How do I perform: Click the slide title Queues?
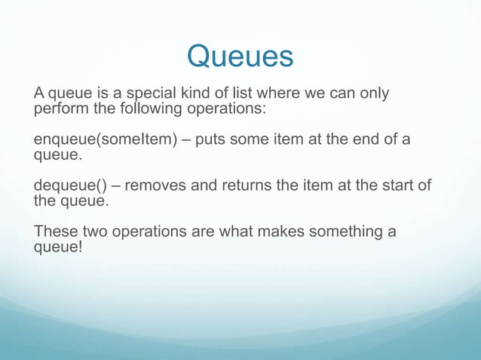tap(240, 56)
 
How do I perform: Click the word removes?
tap(152, 187)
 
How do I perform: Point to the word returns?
tap(246, 187)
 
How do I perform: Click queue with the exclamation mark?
tap(58, 246)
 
